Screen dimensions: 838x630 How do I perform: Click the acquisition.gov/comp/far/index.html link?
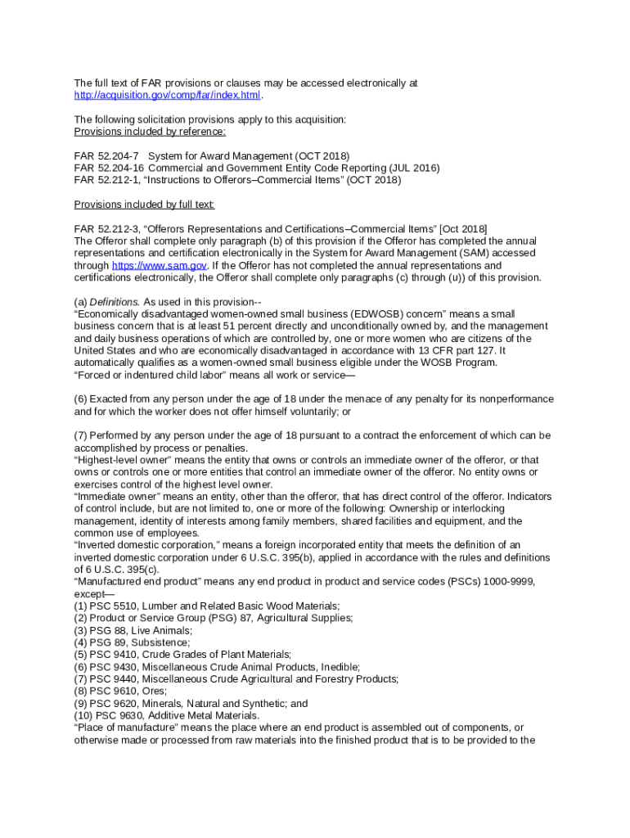167,95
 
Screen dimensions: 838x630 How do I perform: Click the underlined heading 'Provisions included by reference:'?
150,131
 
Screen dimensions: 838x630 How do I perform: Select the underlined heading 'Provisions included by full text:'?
144,204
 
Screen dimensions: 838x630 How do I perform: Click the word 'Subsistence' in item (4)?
163,642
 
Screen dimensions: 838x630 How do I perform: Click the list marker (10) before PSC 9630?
83,715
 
